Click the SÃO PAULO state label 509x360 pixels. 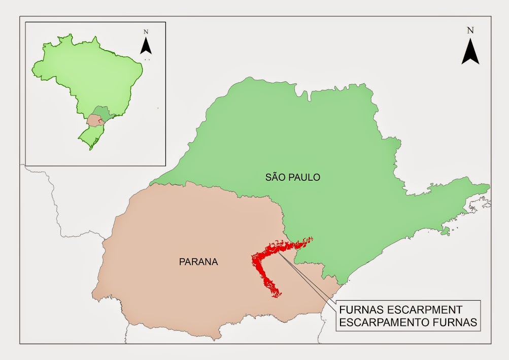(292, 178)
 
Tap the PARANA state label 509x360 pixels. (198, 262)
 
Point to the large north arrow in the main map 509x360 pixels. (470, 51)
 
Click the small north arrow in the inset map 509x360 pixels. (146, 45)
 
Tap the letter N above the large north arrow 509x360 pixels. (470, 30)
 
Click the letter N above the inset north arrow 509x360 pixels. (146, 31)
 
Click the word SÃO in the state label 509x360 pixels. (275, 178)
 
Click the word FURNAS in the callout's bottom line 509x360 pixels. (457, 322)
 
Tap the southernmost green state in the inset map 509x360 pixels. (91, 137)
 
